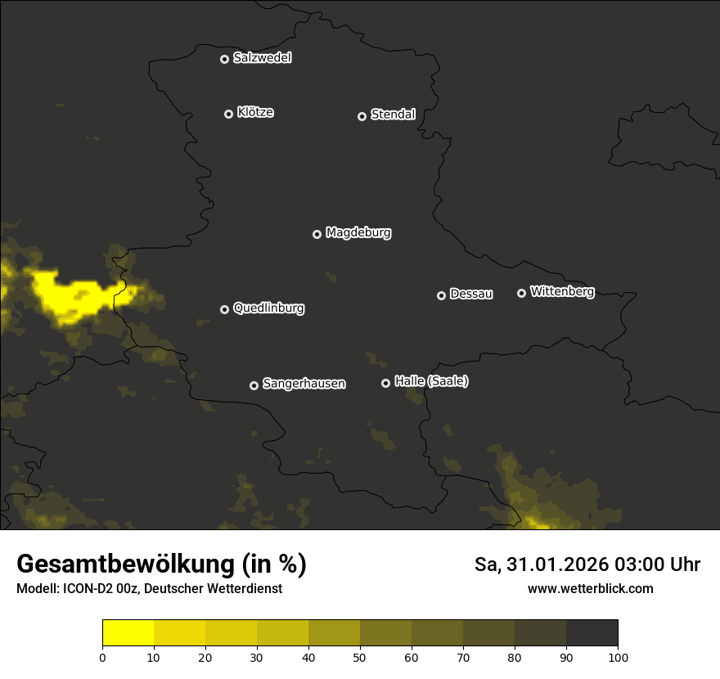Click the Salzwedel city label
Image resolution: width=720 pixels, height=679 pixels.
(262, 58)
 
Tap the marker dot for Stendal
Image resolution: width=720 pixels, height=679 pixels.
(362, 116)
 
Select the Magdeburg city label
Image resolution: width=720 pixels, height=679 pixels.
(358, 233)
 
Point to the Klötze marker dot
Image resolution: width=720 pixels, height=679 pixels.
(228, 114)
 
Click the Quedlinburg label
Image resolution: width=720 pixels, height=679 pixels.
(268, 308)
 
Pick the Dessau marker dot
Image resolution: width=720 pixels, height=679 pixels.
(441, 295)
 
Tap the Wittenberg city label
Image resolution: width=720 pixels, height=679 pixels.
(562, 292)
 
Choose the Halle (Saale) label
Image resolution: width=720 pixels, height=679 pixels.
(431, 382)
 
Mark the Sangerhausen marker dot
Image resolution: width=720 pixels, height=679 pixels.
(254, 385)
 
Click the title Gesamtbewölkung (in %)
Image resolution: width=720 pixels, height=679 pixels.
(161, 564)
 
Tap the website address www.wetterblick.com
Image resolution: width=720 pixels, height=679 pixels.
(590, 589)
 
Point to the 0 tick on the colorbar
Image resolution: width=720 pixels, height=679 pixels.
(102, 657)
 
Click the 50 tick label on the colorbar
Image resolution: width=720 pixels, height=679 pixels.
(360, 657)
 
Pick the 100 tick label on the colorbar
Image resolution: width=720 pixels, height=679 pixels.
(618, 657)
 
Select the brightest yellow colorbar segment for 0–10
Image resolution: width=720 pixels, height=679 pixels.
(128, 633)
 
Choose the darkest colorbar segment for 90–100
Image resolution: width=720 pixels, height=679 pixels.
(592, 633)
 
